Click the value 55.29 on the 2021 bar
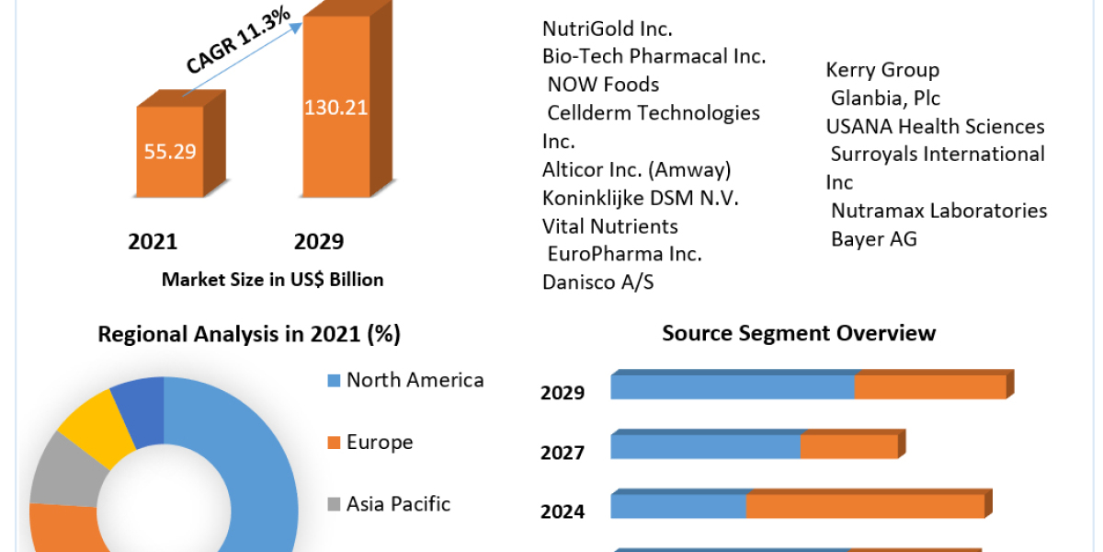[x=170, y=151]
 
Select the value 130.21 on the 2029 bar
[x=336, y=108]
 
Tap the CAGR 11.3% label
[x=239, y=40]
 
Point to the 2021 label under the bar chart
[x=153, y=242]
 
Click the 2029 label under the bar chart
[x=319, y=242]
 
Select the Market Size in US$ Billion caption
[x=272, y=280]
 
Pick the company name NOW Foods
[x=603, y=85]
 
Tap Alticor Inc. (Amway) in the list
[x=636, y=169]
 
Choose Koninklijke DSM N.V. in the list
[x=641, y=198]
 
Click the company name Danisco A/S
[x=598, y=282]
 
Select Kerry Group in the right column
[x=882, y=70]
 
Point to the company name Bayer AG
[x=873, y=239]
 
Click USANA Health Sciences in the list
[x=936, y=127]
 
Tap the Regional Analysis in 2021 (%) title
[x=249, y=334]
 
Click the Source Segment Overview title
[x=799, y=333]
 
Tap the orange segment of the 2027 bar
[x=848, y=447]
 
